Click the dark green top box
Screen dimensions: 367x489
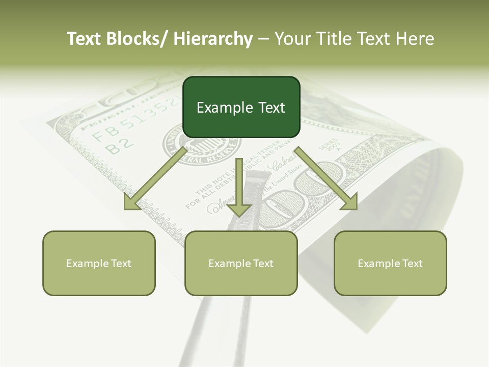point(241,107)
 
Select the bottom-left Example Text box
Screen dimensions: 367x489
point(99,263)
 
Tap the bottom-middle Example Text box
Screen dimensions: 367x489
point(241,263)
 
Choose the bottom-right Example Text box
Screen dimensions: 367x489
point(390,263)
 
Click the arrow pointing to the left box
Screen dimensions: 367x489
point(155,178)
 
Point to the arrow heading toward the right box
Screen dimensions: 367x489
point(326,178)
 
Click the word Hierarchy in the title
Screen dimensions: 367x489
point(213,39)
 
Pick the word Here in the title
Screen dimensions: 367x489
point(415,39)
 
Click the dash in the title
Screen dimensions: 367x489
point(263,39)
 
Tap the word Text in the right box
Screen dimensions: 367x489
point(412,263)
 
